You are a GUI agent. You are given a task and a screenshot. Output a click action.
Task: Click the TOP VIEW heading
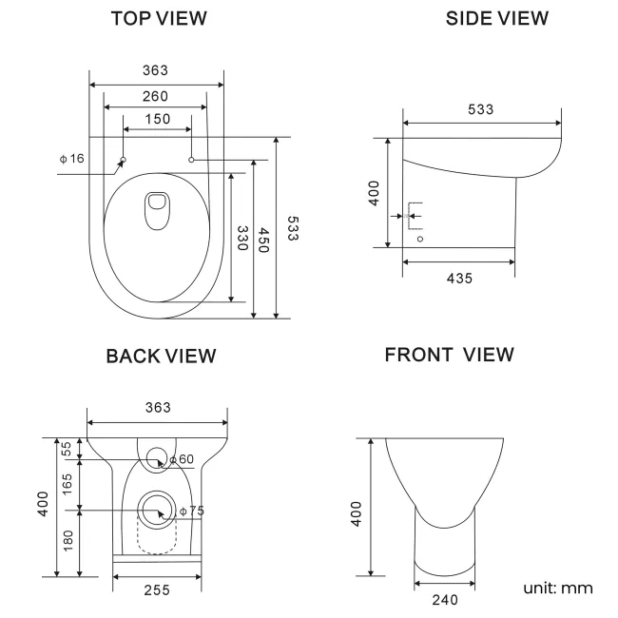pos(159,19)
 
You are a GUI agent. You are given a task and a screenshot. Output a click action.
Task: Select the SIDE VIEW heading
pos(496,19)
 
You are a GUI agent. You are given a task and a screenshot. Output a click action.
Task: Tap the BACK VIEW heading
pos(161,357)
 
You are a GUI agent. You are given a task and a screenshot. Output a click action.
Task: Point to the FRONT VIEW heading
pos(450,355)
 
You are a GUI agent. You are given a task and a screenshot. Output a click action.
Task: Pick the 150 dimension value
pos(158,119)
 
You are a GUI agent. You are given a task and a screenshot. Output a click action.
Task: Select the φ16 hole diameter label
pos(71,158)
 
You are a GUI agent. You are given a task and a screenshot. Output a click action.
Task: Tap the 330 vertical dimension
pos(242,238)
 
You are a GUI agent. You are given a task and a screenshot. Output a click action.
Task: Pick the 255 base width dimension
pos(157,589)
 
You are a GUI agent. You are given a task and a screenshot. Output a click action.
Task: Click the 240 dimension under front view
pos(445,600)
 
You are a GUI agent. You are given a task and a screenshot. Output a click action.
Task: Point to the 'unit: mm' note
pos(557,588)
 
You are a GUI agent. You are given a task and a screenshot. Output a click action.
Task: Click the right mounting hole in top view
pos(192,160)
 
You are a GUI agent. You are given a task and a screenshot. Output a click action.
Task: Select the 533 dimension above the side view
pos(481,109)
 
